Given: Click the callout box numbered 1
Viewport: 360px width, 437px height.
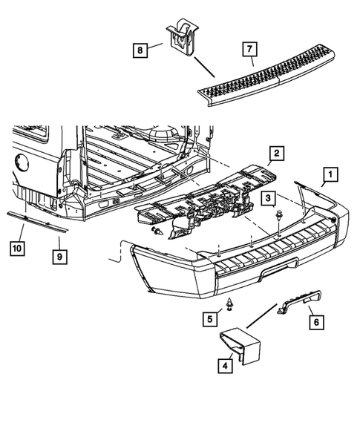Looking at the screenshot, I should coord(329,176).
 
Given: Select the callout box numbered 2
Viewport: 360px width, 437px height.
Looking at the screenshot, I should coord(275,154).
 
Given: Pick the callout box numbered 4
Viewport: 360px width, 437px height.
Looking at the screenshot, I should coord(223,364).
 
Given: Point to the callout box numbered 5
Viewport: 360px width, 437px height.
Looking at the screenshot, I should coord(211,320).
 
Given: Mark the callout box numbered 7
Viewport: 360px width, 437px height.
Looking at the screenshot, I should coord(250,51).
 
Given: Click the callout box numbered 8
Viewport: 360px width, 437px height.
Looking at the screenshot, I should coord(140,50).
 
